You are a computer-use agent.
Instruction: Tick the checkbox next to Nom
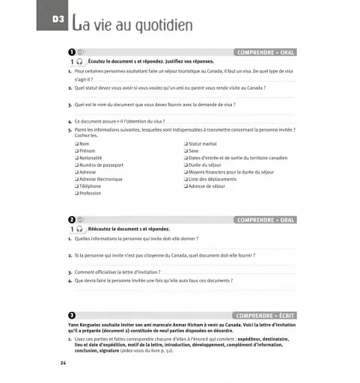tap(76, 144)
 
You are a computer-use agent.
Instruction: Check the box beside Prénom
tap(76, 150)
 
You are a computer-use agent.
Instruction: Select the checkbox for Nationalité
tap(76, 158)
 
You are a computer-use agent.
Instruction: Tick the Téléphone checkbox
tap(76, 186)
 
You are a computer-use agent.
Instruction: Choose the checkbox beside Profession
tap(76, 193)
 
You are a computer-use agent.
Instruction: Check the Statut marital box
tap(186, 144)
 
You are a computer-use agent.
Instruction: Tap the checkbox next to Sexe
tap(186, 150)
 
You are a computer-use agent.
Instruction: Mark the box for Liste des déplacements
tap(186, 179)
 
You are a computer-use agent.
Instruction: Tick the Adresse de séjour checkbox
tap(186, 186)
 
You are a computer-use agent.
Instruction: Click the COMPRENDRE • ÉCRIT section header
tap(264, 316)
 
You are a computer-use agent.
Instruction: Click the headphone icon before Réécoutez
tap(79, 229)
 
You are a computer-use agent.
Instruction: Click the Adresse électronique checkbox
tap(76, 179)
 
